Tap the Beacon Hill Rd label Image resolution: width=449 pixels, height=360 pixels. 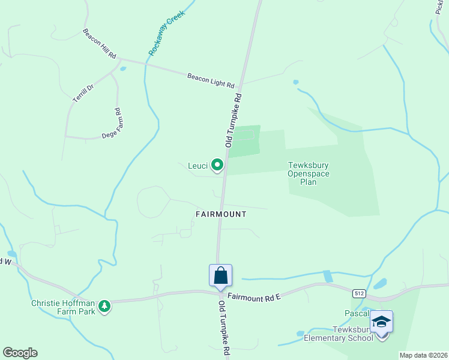(99, 44)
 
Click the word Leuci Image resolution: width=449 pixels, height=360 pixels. (197, 166)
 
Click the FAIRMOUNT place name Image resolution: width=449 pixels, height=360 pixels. (221, 214)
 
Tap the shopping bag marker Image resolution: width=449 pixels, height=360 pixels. (220, 275)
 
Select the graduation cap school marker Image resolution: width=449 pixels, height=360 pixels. (381, 322)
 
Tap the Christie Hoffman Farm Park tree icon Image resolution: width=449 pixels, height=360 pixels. (105, 306)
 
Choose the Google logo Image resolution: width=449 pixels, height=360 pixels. (20, 353)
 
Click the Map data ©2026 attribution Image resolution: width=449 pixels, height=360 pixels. (423, 355)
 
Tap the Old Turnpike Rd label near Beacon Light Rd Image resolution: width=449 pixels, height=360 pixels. (233, 120)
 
